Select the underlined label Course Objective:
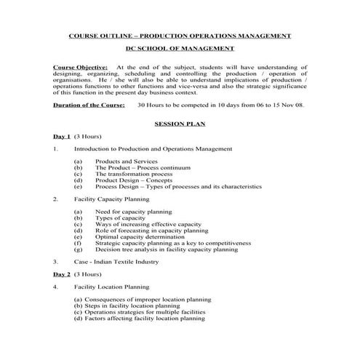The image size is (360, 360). coord(81,67)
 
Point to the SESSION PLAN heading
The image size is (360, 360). coord(179,124)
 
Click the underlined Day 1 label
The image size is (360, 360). coord(62,137)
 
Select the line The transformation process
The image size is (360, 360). coord(134,174)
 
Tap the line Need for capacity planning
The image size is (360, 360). coord(133,212)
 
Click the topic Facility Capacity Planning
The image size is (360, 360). coord(112,199)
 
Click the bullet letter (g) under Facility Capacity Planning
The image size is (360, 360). coord(78,249)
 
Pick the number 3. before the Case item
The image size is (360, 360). coord(55,261)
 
